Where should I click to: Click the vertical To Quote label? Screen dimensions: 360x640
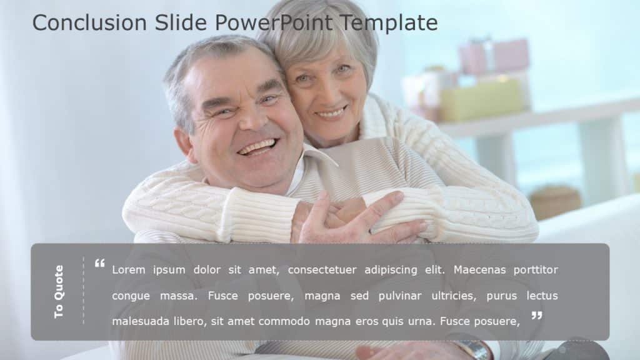59,291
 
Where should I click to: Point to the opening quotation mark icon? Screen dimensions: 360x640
99,264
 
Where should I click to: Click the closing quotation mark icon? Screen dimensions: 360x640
536,316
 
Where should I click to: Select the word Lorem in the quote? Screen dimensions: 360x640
129,270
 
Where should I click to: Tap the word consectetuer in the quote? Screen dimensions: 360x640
336,270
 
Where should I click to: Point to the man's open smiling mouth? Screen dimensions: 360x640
257,147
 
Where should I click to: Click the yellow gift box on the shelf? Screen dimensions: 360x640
481,99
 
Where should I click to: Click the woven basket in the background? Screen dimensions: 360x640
555,202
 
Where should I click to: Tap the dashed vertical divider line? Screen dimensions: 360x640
83,291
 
